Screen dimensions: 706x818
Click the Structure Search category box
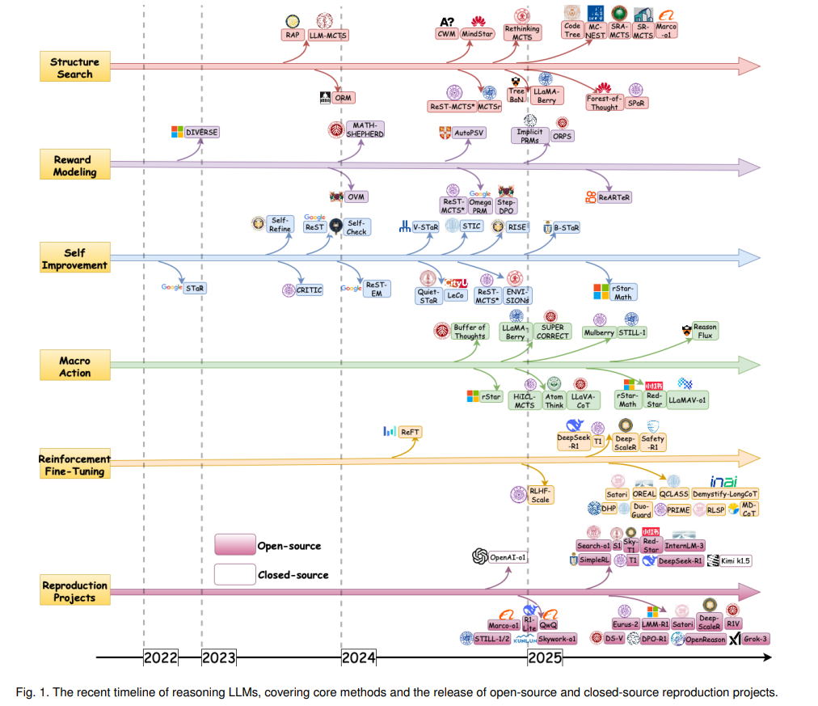coord(74,68)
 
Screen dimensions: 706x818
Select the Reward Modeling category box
coord(74,166)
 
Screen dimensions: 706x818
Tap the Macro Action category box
coord(74,366)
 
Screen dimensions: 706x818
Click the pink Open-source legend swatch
coord(234,545)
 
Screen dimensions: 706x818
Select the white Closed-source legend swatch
coord(234,574)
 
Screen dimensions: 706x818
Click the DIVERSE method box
coord(202,132)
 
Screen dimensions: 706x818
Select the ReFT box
coord(410,432)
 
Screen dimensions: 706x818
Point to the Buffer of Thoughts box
coord(470,332)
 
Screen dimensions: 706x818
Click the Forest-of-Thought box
coord(604,102)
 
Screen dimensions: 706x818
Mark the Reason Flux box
coord(705,332)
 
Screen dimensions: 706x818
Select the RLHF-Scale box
coord(539,495)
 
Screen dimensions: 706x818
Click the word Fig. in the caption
coord(26,691)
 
